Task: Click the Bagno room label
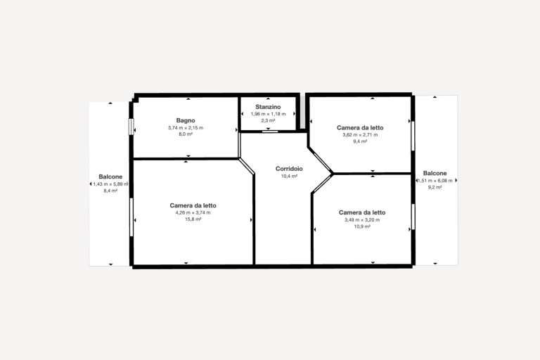(x=186, y=120)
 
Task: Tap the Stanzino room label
(x=268, y=107)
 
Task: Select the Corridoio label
(x=289, y=169)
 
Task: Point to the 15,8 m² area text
(x=193, y=219)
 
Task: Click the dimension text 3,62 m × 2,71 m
(x=360, y=135)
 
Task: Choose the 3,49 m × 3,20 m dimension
(x=362, y=220)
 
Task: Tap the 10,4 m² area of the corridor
(x=289, y=176)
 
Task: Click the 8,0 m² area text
(x=186, y=134)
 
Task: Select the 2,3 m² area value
(x=268, y=120)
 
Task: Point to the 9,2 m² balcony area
(x=435, y=188)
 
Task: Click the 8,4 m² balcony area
(x=110, y=191)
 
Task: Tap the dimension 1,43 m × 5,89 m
(x=110, y=184)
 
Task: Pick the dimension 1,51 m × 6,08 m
(x=435, y=181)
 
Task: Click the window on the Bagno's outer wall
(x=131, y=127)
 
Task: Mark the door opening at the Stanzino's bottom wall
(x=270, y=131)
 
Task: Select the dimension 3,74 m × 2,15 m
(x=186, y=128)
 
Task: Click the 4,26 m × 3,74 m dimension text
(x=193, y=212)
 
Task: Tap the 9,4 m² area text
(x=360, y=141)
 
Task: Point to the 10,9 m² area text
(x=362, y=226)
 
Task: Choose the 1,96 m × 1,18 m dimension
(x=268, y=114)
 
